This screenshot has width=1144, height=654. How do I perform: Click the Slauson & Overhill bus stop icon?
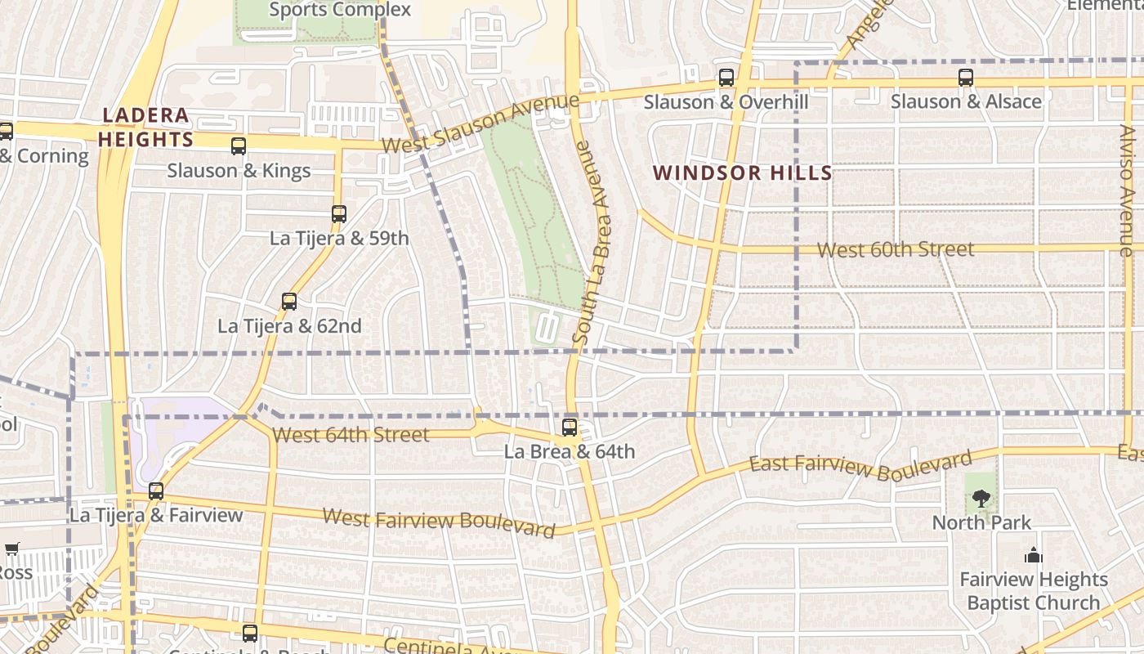pyautogui.click(x=726, y=78)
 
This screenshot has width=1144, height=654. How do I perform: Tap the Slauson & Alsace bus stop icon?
pyautogui.click(x=966, y=78)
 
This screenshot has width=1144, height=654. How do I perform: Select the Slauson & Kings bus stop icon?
pyautogui.click(x=239, y=147)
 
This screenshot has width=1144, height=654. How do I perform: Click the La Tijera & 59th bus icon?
pyautogui.click(x=339, y=215)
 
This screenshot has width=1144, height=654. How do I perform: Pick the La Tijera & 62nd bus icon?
pyautogui.click(x=289, y=302)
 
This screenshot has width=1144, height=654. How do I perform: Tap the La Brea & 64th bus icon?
pyautogui.click(x=570, y=428)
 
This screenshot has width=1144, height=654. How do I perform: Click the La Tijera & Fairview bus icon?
pyautogui.click(x=156, y=491)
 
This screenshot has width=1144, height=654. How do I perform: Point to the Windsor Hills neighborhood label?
pyautogui.click(x=743, y=172)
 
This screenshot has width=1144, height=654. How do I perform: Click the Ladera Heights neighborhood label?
pyautogui.click(x=145, y=128)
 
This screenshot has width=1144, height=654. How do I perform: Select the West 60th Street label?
pyautogui.click(x=896, y=249)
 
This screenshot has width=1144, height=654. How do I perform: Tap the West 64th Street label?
pyautogui.click(x=351, y=435)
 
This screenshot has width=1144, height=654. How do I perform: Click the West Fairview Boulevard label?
pyautogui.click(x=440, y=522)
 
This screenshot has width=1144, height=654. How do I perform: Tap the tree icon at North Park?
pyautogui.click(x=981, y=498)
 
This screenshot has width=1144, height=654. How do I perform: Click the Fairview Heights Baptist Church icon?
pyautogui.click(x=1034, y=556)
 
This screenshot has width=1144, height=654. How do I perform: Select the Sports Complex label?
pyautogui.click(x=340, y=10)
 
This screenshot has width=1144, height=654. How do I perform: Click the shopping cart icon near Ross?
pyautogui.click(x=11, y=549)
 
